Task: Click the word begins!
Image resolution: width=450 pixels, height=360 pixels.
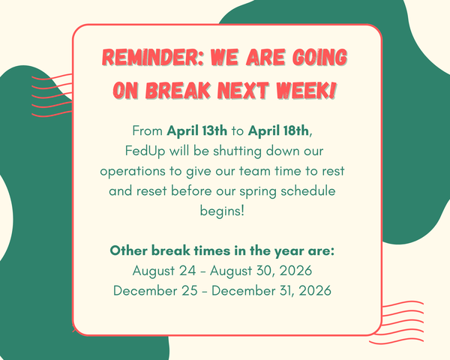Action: tap(224, 211)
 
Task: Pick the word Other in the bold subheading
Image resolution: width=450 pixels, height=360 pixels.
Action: tap(128, 250)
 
